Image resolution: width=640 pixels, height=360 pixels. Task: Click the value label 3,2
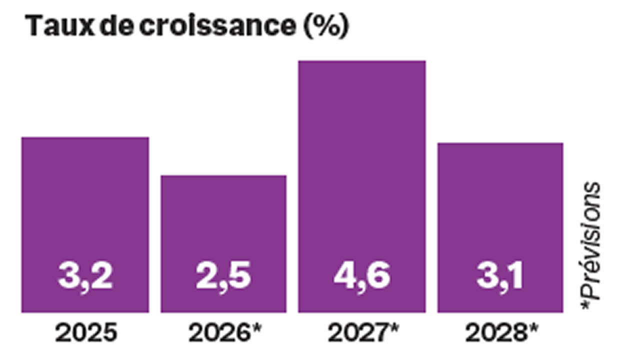pyautogui.click(x=85, y=276)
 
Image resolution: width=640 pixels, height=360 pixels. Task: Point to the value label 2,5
pyautogui.click(x=223, y=276)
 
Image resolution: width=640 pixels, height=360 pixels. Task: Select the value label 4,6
pyautogui.click(x=362, y=276)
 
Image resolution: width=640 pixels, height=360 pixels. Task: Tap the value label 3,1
pyautogui.click(x=500, y=276)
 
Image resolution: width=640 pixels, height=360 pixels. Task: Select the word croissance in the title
pyautogui.click(x=217, y=26)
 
